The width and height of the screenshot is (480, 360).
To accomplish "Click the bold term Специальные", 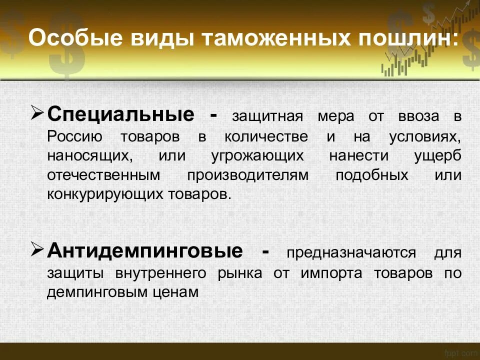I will click(x=120, y=115).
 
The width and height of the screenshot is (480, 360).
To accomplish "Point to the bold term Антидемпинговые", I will click(x=144, y=250).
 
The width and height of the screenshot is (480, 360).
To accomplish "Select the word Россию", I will click(x=75, y=136).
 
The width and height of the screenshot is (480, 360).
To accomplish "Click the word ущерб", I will click(x=437, y=155).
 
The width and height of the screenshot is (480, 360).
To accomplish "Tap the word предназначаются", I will click(x=350, y=252).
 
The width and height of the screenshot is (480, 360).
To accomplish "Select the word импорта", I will click(x=331, y=273).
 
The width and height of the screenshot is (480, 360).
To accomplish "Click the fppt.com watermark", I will click(x=458, y=353).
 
